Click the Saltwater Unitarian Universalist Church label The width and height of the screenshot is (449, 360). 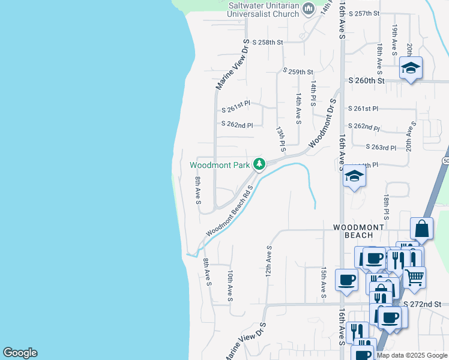pos(264,9)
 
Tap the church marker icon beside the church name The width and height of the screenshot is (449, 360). pos(309,8)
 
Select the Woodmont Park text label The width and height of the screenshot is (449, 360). pos(220,164)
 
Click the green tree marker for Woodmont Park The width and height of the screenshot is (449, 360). pos(259,164)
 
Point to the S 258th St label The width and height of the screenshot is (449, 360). pos(267,42)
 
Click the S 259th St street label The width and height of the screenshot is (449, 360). pos(298,71)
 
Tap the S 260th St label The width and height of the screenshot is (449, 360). pos(366,80)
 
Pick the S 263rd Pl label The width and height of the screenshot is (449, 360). pos(381,147)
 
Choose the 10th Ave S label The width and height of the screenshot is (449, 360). pos(231,284)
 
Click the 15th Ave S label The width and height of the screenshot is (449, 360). pos(324,283)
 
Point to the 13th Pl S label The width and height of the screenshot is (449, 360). pos(280,138)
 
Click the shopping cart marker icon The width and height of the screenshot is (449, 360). pos(414,277)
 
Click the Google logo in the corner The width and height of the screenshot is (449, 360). pos(20,353)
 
